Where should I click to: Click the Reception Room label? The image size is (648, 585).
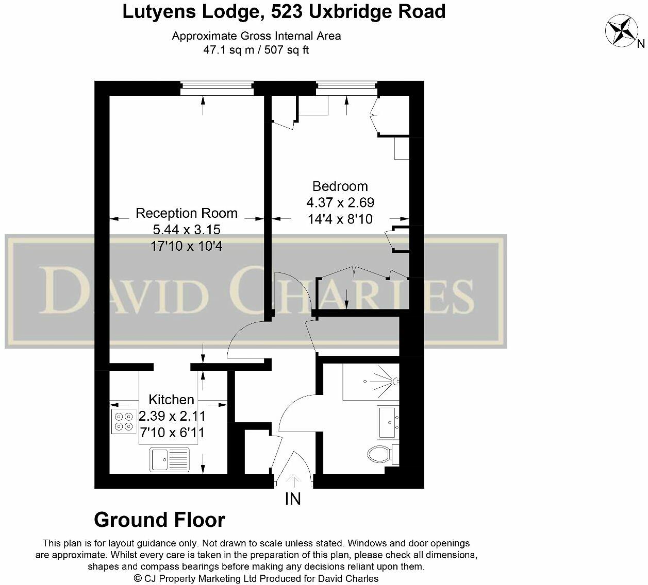coord(186,213)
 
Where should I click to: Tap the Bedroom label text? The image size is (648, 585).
coord(340,186)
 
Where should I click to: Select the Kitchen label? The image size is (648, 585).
coord(171,400)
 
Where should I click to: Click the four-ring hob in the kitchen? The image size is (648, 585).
coord(124,421)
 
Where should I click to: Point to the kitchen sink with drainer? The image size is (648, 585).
coord(170,459)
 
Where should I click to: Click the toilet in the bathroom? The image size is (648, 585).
coord(380,454)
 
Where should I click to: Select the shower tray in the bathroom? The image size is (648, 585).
coord(371,382)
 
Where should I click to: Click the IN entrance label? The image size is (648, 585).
coord(293,499)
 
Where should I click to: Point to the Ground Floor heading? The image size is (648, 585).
coord(159,520)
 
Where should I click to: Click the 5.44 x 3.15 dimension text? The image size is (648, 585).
coord(186,230)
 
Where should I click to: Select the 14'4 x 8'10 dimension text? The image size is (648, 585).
coord(340,219)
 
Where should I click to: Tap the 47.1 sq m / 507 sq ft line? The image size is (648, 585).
coord(256,50)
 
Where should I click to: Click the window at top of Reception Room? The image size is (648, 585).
coord(217,88)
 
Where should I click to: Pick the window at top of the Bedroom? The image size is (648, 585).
coord(346,88)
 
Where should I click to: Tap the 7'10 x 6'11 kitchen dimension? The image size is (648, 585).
coord(171,433)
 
